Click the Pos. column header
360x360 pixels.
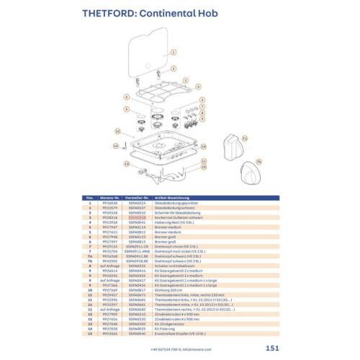[90, 197]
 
